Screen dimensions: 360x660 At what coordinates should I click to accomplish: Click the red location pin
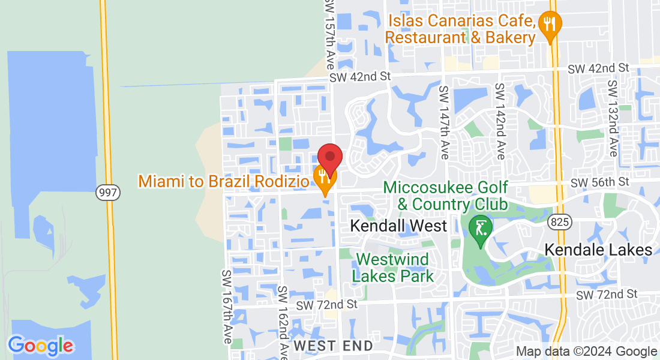pyautogui.click(x=330, y=158)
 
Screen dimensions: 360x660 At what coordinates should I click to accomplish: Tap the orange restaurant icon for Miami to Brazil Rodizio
pyautogui.click(x=325, y=176)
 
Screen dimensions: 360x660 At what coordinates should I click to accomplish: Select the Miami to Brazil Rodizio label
pyautogui.click(x=224, y=181)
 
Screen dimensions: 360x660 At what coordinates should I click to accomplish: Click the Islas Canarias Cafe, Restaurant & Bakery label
pyautogui.click(x=460, y=29)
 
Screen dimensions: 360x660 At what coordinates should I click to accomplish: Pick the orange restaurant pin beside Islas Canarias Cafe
pyautogui.click(x=550, y=25)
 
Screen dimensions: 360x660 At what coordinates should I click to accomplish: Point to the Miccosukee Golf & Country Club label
pyautogui.click(x=445, y=196)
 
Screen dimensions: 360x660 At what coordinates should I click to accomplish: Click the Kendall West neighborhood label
pyautogui.click(x=398, y=226)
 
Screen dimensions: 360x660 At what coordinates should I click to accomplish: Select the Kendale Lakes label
pyautogui.click(x=598, y=250)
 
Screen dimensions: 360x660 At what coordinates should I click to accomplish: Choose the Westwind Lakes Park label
pyautogui.click(x=392, y=268)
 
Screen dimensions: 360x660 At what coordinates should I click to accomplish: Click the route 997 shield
pyautogui.click(x=108, y=193)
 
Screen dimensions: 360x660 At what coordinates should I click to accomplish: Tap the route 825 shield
pyautogui.click(x=559, y=223)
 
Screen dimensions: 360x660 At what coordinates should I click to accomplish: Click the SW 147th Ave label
pyautogui.click(x=444, y=122)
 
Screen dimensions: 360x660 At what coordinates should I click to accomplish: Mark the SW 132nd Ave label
pyautogui.click(x=612, y=118)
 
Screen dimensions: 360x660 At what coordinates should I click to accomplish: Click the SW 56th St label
pyautogui.click(x=599, y=182)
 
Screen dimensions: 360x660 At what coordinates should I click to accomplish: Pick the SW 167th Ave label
pyautogui.click(x=227, y=306)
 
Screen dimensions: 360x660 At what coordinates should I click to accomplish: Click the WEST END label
pyautogui.click(x=333, y=346)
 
